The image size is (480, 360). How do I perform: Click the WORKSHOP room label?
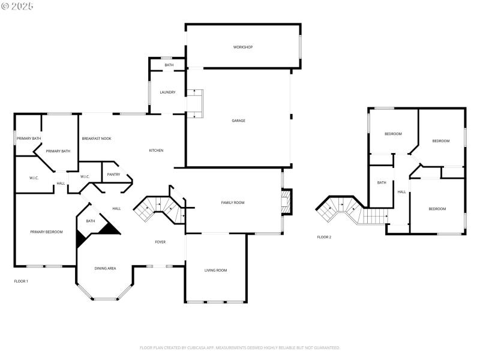pyautogui.click(x=243, y=47)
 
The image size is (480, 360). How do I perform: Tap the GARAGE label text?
pyautogui.click(x=238, y=121)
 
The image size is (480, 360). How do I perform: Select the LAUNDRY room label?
pyautogui.click(x=167, y=92)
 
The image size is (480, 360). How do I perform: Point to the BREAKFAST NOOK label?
pyautogui.click(x=97, y=139)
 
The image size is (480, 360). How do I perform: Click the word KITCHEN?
pyautogui.click(x=156, y=151)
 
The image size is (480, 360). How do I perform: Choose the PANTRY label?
pyautogui.click(x=113, y=175)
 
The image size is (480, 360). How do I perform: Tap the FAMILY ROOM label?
pyautogui.click(x=233, y=203)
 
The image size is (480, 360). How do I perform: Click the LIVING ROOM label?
pyautogui.click(x=215, y=271)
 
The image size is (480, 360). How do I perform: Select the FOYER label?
pyautogui.click(x=160, y=242)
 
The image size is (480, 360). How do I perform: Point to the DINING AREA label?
pyautogui.click(x=105, y=268)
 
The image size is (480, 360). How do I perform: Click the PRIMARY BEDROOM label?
pyautogui.click(x=46, y=232)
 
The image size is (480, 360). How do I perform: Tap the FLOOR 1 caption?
pyautogui.click(x=21, y=281)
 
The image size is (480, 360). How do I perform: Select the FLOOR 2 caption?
pyautogui.click(x=324, y=237)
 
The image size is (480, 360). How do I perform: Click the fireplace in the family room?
pyautogui.click(x=286, y=202)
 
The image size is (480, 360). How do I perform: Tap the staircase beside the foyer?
pyautogui.click(x=159, y=208)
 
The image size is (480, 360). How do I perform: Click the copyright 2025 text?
pyautogui.click(x=18, y=6)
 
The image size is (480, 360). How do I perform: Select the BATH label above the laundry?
pyautogui.click(x=169, y=65)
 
